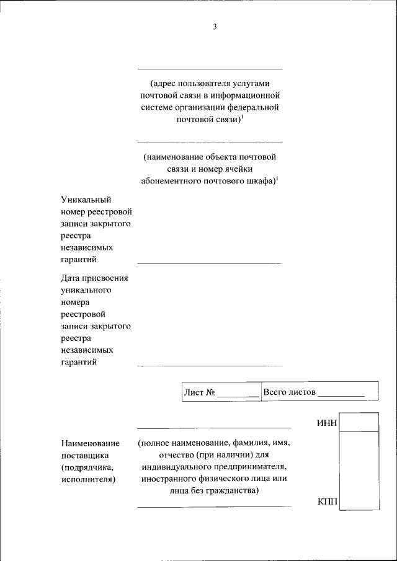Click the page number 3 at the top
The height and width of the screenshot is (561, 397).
pyautogui.click(x=215, y=27)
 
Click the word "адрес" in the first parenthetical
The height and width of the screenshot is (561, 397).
pyautogui.click(x=164, y=83)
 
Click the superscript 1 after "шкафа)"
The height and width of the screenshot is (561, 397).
pyautogui.click(x=277, y=179)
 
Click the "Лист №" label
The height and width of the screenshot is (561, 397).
pyautogui.click(x=200, y=392)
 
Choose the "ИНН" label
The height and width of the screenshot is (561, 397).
pyautogui.click(x=327, y=423)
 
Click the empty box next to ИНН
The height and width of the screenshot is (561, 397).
pyautogui.click(x=359, y=422)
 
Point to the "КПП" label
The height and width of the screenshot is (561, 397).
pyautogui.click(x=327, y=501)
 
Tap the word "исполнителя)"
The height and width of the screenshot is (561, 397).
pyautogui.click(x=89, y=479)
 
